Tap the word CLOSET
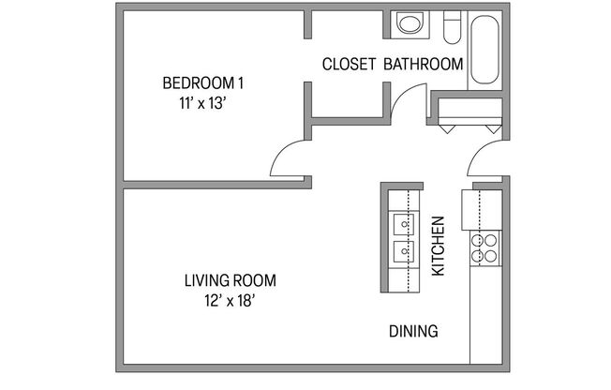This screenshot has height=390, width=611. click(x=349, y=65)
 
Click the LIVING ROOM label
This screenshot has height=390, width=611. click(x=230, y=280)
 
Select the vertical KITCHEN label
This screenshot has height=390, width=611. click(x=437, y=246)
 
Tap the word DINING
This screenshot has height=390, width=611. click(x=413, y=331)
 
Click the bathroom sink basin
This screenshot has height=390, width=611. click(x=410, y=24)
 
